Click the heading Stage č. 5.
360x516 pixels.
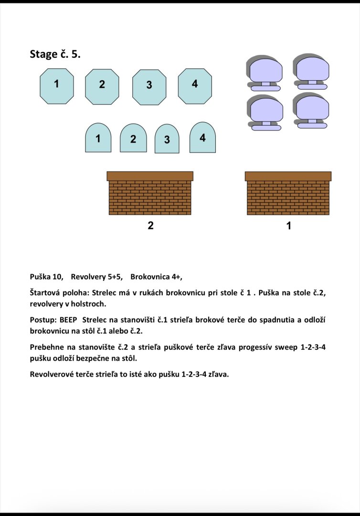55,54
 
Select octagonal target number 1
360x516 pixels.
57,86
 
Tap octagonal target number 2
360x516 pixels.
102,86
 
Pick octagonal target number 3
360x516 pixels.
149,87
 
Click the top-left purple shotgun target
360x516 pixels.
265,72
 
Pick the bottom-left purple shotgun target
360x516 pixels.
266,111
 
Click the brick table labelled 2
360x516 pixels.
150,193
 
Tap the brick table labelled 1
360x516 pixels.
288,193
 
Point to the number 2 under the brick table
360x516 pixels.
150,226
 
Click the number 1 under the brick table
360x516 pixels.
288,226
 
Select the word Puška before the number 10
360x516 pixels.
40,277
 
